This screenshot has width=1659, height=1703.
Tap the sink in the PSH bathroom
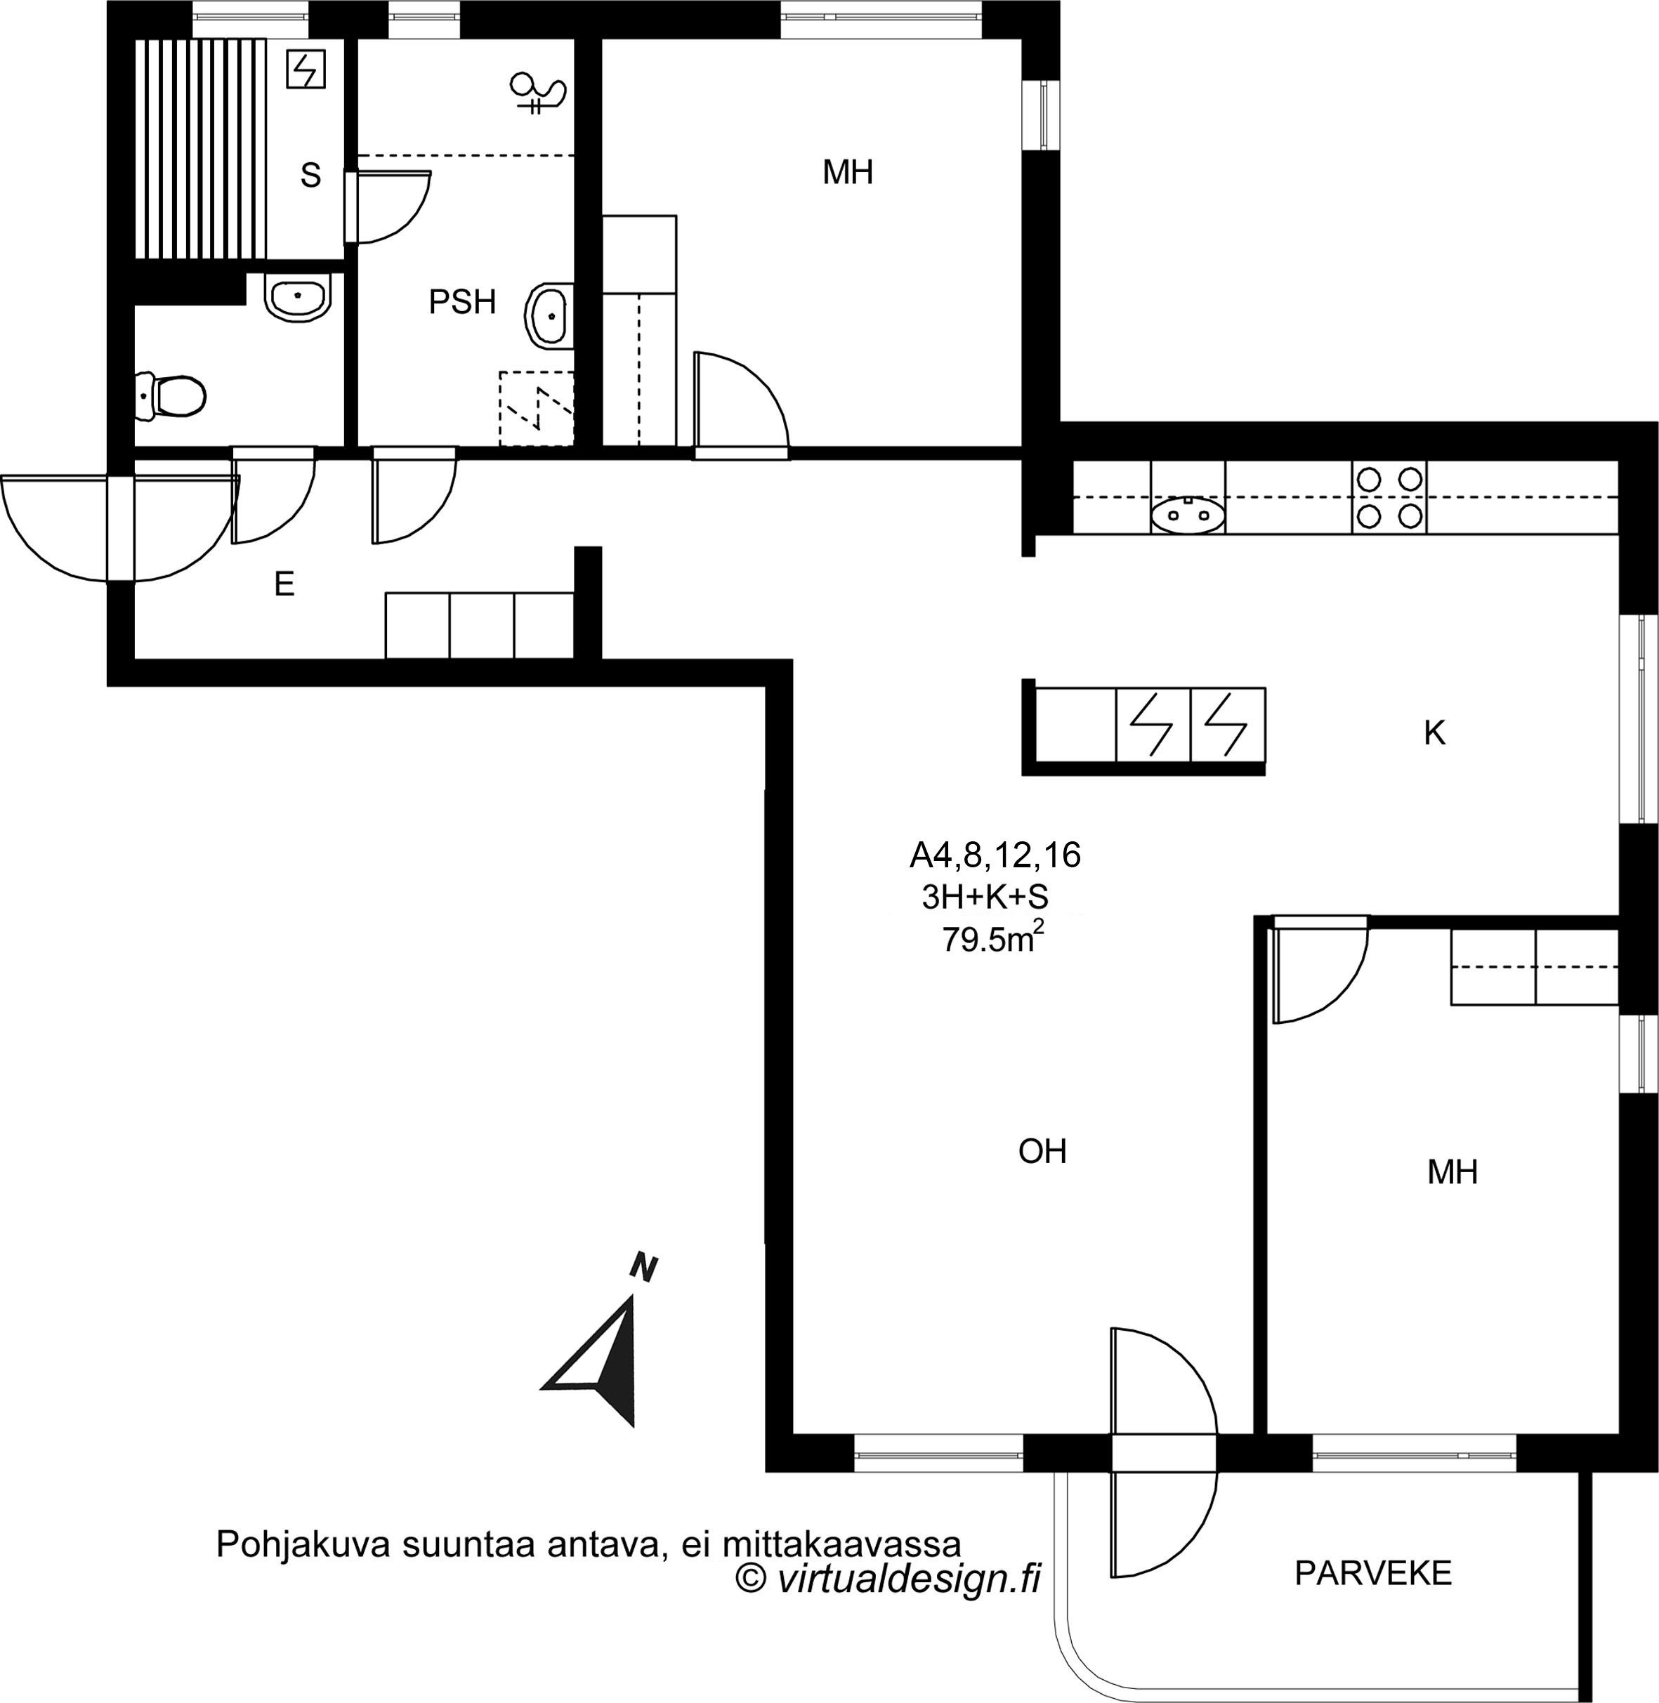(x=550, y=315)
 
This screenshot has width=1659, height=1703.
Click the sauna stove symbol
(x=306, y=69)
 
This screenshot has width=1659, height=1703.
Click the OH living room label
(x=1042, y=1152)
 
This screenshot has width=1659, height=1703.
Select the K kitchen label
(x=1434, y=733)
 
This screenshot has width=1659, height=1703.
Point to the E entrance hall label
(x=284, y=584)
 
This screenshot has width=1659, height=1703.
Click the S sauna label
(x=310, y=175)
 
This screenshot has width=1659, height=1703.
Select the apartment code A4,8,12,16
(x=995, y=855)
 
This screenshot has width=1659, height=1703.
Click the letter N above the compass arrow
(x=644, y=1268)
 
